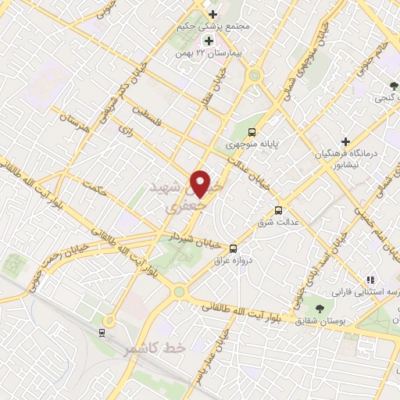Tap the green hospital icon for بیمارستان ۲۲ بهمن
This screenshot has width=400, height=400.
209,41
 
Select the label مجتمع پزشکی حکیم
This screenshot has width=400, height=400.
220,26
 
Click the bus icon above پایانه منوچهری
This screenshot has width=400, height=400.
252,131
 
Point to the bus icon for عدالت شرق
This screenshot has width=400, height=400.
278,209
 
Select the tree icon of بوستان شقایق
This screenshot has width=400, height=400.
318,307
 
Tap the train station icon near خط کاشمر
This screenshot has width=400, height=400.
102,333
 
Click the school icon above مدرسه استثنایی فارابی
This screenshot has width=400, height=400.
371,279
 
